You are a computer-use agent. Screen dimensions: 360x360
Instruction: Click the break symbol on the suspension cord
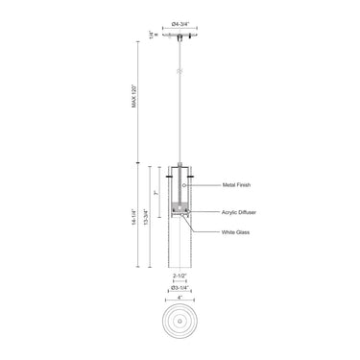click(x=180, y=73)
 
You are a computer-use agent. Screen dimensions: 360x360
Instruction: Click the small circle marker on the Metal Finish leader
click(x=186, y=182)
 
